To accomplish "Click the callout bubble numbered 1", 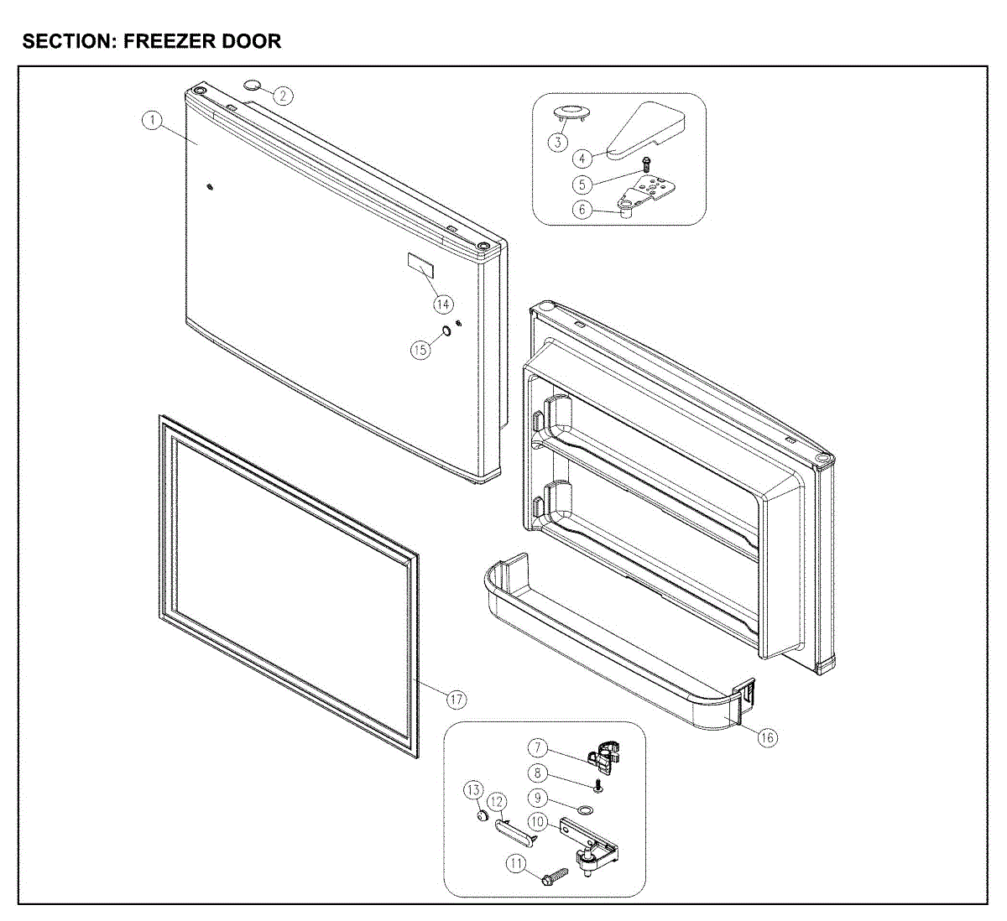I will coord(152,120).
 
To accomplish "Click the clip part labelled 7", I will coord(607,751).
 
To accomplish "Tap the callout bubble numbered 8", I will coord(538,773).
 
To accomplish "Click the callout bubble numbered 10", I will coord(538,822).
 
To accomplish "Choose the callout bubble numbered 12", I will coord(497,803).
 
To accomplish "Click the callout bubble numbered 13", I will coord(474,790).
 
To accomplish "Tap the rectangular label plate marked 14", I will coord(421,267).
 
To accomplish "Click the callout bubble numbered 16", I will coord(767,737).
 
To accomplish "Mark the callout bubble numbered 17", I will coord(456,699).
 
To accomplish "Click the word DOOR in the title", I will coord(252,41).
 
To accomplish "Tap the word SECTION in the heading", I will coord(70,41).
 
